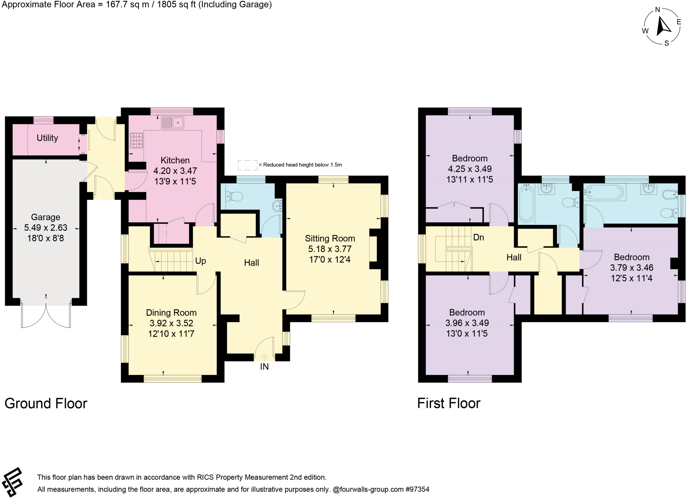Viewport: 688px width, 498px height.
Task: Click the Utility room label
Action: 47,138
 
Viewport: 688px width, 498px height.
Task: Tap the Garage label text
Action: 45,217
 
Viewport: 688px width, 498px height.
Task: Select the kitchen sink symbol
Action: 172,122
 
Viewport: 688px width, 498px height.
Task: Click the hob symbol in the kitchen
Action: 136,140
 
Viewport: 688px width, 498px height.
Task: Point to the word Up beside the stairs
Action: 201,261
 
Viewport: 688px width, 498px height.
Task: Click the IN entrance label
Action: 264,367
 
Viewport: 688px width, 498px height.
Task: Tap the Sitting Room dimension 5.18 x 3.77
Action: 330,249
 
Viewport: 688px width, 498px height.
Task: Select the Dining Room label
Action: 171,313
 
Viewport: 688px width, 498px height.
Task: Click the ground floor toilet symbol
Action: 234,196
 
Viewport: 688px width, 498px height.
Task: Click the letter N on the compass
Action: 658,10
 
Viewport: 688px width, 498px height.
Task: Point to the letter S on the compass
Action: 666,43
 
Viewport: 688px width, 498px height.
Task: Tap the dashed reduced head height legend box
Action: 248,165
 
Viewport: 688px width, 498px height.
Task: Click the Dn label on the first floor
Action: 478,237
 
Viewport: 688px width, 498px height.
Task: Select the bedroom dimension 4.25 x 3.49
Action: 470,169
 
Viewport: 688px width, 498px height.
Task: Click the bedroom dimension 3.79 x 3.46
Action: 632,268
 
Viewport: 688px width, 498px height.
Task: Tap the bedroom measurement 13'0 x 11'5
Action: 467,334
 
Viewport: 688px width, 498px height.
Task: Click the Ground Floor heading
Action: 46,404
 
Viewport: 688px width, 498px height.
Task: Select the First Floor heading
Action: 449,404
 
